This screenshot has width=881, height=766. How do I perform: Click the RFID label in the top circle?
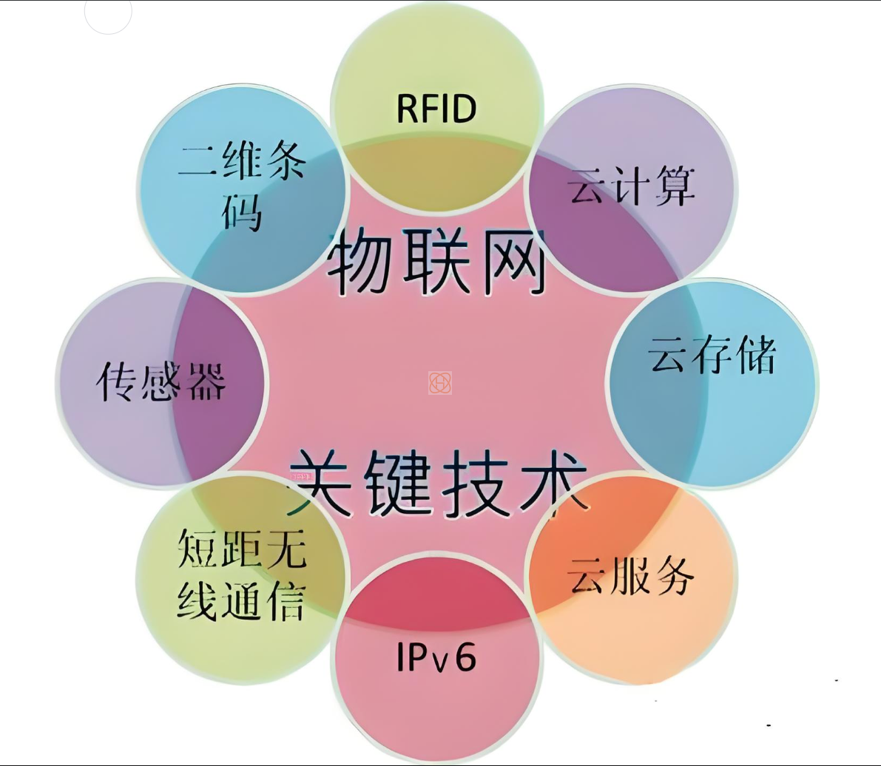[x=436, y=108]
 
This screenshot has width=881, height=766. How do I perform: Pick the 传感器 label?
[x=161, y=382]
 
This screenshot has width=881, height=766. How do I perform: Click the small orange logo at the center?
[x=440, y=382]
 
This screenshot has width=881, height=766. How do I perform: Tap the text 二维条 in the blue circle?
[x=241, y=162]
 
